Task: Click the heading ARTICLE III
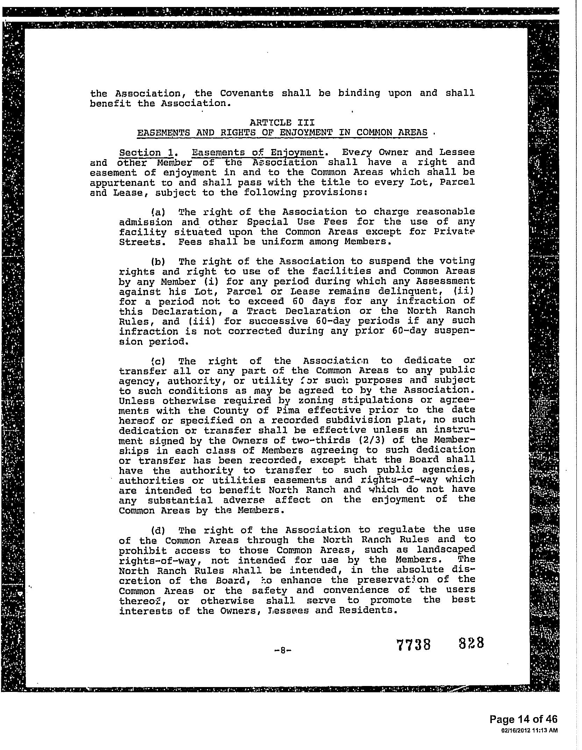[282, 122]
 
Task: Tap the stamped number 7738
[413, 644]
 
